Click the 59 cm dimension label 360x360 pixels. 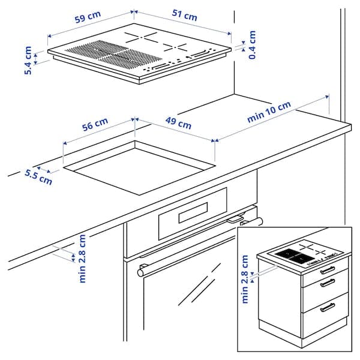tap(88, 19)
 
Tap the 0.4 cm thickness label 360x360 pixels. tap(252, 45)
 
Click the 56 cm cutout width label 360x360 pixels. tap(95, 125)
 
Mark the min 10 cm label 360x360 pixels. tap(269, 112)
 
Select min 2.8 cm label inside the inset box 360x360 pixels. tap(245, 279)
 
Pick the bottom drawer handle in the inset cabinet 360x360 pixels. tap(328, 307)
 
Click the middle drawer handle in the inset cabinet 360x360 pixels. tap(327, 283)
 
